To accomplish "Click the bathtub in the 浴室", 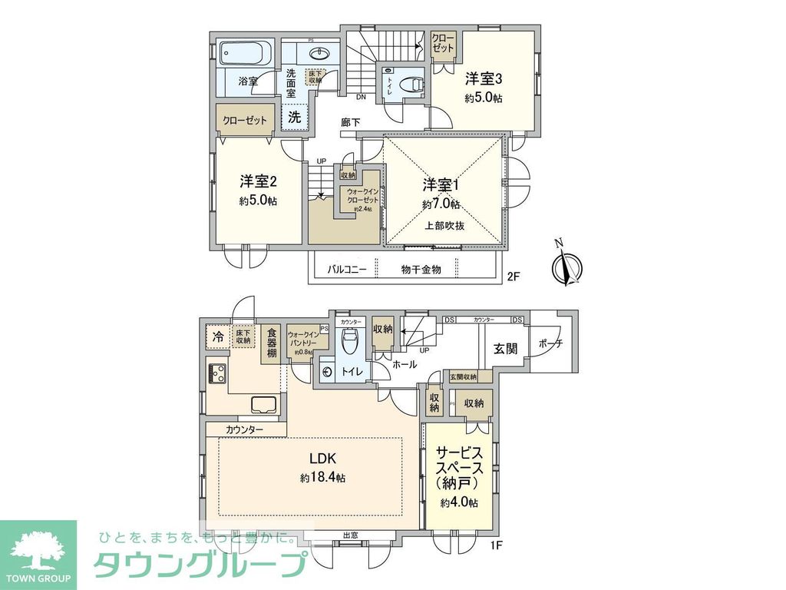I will pyautogui.click(x=244, y=54).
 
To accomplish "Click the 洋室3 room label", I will pyautogui.click(x=484, y=79).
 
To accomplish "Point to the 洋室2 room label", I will pyautogui.click(x=258, y=182).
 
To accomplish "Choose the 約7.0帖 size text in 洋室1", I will pyautogui.click(x=441, y=204).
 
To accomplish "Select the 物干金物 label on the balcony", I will pyautogui.click(x=421, y=270).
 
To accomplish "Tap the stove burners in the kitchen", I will pyautogui.click(x=216, y=373).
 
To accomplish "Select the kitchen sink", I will pyautogui.click(x=263, y=404).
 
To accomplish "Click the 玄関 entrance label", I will pyautogui.click(x=505, y=348).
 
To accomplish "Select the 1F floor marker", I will pyautogui.click(x=497, y=545).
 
